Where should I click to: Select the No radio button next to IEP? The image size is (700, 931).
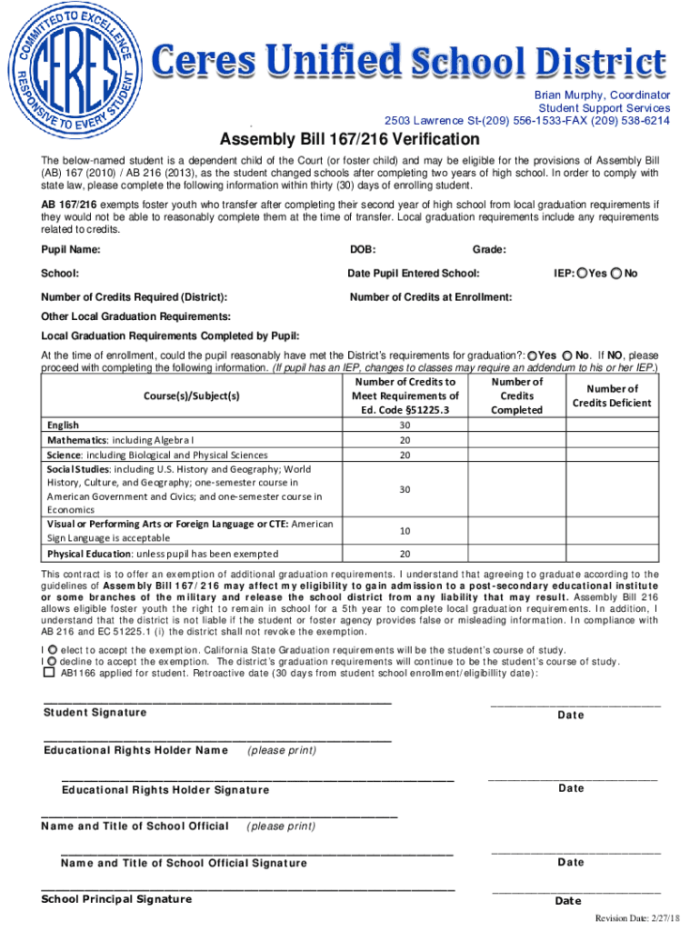tap(617, 273)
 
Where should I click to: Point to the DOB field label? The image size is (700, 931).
tap(363, 249)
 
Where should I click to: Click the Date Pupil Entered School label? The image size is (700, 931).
tap(414, 273)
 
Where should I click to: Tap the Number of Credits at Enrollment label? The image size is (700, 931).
tap(431, 297)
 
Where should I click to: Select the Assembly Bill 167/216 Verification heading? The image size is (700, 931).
tap(349, 139)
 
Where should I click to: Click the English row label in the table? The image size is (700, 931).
tap(64, 425)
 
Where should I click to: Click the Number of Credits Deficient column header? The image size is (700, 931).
tap(625, 395)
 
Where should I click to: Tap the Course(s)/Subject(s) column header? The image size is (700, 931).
tap(191, 395)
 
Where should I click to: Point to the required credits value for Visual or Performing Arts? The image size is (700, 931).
tap(405, 530)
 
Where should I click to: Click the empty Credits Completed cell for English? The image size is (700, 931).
tap(517, 425)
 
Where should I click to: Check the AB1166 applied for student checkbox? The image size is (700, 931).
tap(49, 674)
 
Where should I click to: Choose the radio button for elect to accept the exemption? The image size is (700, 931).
tap(51, 650)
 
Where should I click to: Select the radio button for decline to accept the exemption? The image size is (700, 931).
tap(51, 662)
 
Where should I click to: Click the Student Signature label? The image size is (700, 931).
tap(95, 712)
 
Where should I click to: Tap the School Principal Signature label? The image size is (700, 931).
tap(116, 899)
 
